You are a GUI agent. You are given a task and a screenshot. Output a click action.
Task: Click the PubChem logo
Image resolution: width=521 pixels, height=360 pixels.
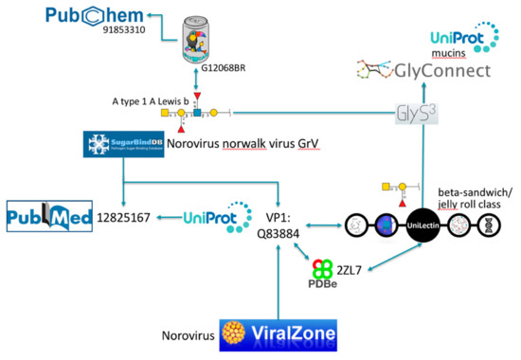pos(71,17)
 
